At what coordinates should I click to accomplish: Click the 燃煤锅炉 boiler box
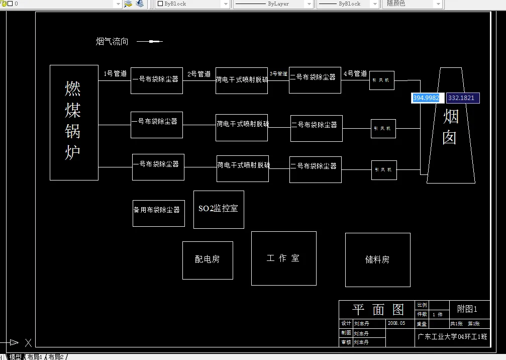click(x=74, y=122)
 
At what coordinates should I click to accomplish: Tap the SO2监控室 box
click(x=219, y=209)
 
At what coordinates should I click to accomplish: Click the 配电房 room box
click(x=208, y=260)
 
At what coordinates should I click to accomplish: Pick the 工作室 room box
click(x=283, y=258)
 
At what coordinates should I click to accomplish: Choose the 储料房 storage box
click(x=377, y=259)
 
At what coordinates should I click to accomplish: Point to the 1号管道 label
click(x=115, y=73)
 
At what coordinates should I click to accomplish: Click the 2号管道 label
click(x=199, y=74)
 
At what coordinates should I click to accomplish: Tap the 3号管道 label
click(x=278, y=73)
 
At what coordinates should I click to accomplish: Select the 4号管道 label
click(x=355, y=73)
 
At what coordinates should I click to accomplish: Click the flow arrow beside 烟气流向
click(x=150, y=41)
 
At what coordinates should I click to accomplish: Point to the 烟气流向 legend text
click(x=112, y=41)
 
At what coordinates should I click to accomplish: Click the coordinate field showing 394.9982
click(x=426, y=98)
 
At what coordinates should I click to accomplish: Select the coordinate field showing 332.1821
click(x=462, y=98)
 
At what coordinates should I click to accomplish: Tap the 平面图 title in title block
click(x=378, y=309)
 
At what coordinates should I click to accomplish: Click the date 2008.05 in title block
click(x=396, y=323)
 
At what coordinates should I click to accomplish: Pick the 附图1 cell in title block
click(x=467, y=309)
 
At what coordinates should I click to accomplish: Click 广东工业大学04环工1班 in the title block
click(x=452, y=337)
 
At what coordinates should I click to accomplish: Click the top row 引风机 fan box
click(x=382, y=80)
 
